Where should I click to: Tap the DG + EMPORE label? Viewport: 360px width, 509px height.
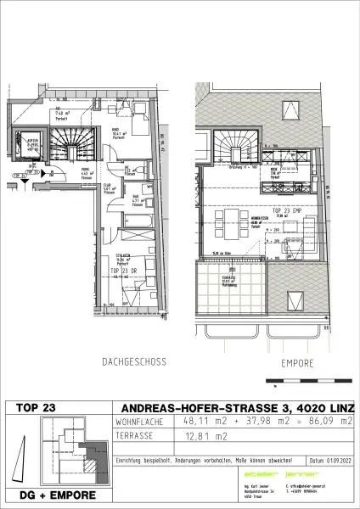coord(57,495)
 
